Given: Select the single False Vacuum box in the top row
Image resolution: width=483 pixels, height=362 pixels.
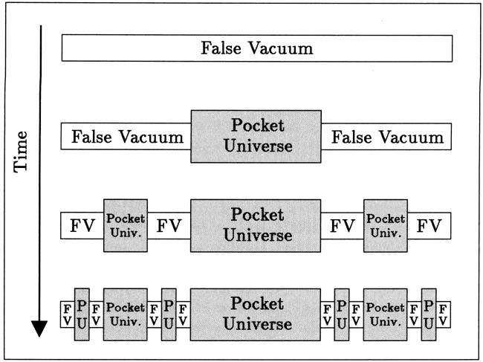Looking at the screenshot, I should (257, 49).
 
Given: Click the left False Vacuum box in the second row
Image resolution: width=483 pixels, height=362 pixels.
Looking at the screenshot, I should (126, 138).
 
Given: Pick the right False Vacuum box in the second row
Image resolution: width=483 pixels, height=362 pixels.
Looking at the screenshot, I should (386, 138).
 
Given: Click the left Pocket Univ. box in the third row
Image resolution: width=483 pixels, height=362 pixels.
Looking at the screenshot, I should (126, 225).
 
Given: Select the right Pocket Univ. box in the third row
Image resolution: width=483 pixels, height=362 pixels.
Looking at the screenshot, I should (386, 225).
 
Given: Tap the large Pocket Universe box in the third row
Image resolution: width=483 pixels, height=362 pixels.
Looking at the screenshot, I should (256, 225).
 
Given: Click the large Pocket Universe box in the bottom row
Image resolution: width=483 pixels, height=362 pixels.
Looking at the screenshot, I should (256, 314).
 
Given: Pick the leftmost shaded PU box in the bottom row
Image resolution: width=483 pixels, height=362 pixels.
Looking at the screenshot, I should (82, 314).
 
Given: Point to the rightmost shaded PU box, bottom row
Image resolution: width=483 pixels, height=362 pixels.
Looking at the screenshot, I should (429, 314).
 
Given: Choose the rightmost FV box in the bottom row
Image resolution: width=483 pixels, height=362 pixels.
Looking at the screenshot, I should (444, 314).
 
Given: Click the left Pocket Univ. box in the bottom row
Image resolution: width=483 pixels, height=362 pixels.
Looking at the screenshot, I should (126, 314).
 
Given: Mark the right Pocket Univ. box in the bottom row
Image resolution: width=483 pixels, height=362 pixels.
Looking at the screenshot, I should (386, 314).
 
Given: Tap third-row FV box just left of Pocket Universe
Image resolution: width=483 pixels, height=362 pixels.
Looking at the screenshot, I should (169, 225).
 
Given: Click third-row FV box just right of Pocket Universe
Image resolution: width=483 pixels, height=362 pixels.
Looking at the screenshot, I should (343, 225).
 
